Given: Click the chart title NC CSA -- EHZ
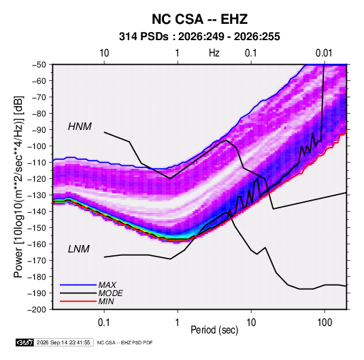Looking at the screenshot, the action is click(x=199, y=19).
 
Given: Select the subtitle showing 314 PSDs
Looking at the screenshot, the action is click(x=199, y=37).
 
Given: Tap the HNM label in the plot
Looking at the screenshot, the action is click(x=80, y=127).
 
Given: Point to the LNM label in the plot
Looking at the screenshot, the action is click(x=79, y=249).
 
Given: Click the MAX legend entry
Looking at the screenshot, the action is click(x=107, y=284).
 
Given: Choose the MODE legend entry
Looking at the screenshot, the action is click(x=110, y=293).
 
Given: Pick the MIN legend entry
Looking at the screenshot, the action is click(x=106, y=301).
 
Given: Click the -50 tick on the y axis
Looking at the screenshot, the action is click(x=39, y=65).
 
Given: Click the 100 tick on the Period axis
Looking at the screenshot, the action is click(x=325, y=323).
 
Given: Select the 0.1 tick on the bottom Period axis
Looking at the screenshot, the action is click(x=104, y=323).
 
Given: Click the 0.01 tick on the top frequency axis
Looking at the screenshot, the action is click(x=324, y=53).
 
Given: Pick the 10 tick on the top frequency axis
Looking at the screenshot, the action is click(x=104, y=53).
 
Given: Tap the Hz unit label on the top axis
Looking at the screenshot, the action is click(x=214, y=53).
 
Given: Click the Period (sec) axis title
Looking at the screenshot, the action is click(x=214, y=330).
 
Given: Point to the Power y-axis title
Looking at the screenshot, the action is click(x=18, y=187).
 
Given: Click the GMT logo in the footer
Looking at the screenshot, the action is click(x=25, y=342).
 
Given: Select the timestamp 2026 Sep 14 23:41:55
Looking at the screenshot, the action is click(x=63, y=342).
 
